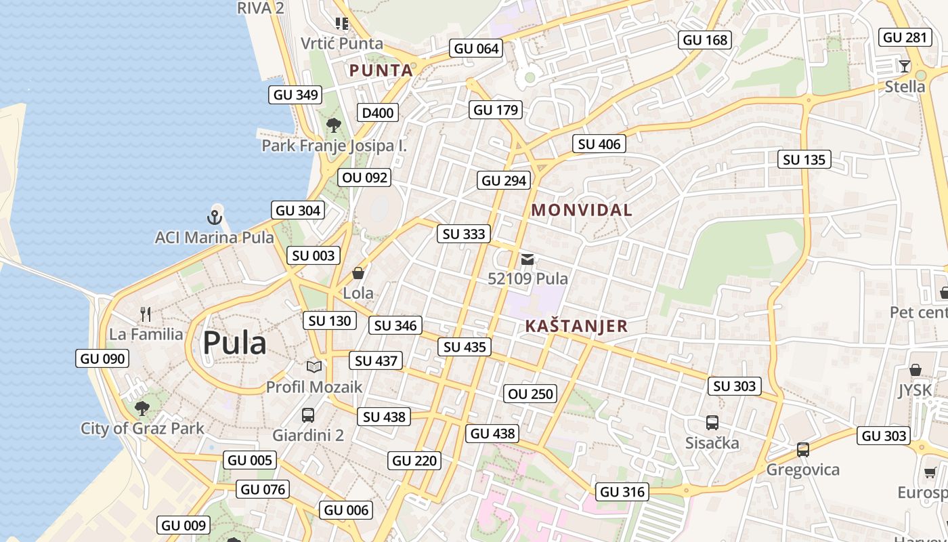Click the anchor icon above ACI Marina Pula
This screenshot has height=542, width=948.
pos(215,217)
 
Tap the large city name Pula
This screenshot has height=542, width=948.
pos(234,343)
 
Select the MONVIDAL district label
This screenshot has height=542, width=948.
pos(582,210)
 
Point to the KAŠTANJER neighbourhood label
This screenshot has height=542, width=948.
pos(576,326)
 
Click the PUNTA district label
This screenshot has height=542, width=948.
pos(381,70)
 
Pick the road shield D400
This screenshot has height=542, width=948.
pos(378,112)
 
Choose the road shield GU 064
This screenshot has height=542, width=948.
pos(477,48)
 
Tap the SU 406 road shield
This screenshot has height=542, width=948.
pos(599,144)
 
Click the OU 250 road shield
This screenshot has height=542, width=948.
pos(530,394)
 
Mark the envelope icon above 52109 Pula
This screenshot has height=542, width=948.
pos(527,259)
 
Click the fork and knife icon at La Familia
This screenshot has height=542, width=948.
pos(146,314)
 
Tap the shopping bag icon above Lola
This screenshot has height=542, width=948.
pos(358,273)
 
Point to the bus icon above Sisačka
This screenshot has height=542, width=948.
pos(712,423)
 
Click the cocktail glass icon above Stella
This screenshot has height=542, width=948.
pos(905,66)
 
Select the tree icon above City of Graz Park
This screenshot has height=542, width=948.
pos(142,408)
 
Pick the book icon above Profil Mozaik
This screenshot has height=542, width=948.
pos(314,367)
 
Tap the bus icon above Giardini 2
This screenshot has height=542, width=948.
pos(308,415)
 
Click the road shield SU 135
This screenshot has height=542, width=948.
pos(804,160)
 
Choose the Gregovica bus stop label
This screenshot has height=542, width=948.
pos(802,470)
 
